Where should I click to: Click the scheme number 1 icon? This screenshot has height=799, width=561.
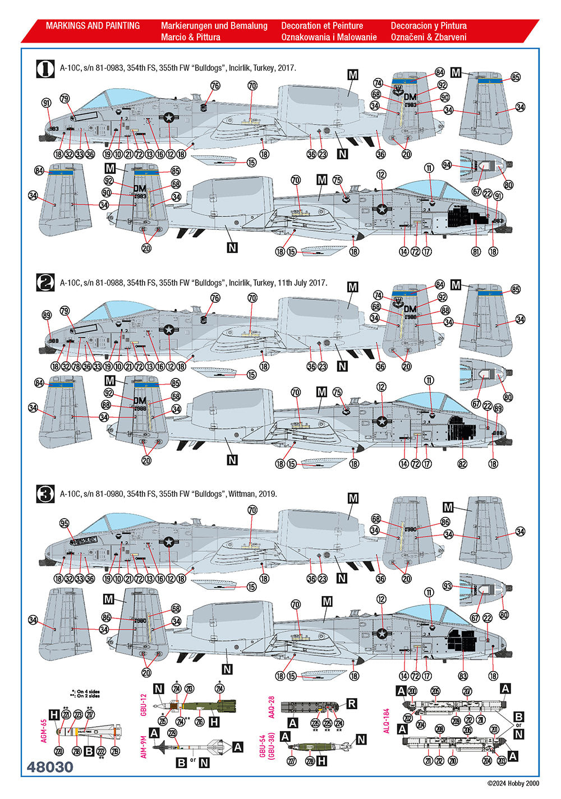click(x=45, y=68)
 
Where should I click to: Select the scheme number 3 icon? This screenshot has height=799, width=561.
click(x=45, y=495)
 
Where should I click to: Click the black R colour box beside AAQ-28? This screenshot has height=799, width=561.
click(x=352, y=704)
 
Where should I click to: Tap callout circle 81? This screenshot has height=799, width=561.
click(x=476, y=252)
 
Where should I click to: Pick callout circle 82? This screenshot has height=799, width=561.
click(x=462, y=464)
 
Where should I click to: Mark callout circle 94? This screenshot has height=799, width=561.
click(x=447, y=165)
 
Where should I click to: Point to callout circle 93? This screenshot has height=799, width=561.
click(x=447, y=586)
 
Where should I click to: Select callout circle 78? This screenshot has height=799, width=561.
click(x=76, y=367)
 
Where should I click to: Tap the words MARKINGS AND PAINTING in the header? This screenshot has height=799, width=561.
click(x=93, y=26)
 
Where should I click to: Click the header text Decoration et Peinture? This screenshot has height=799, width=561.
click(x=322, y=26)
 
